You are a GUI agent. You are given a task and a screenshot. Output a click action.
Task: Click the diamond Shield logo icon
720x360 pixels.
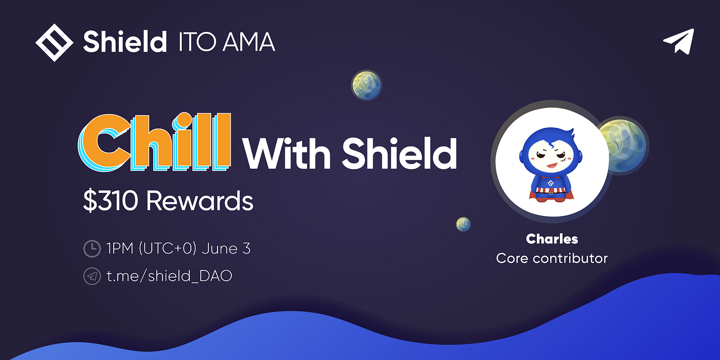(55, 42)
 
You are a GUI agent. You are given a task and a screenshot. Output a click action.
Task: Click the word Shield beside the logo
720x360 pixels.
(125, 42)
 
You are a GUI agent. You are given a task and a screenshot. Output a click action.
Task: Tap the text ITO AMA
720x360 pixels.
(227, 42)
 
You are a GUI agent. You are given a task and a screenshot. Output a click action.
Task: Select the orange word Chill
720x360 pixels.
(155, 142)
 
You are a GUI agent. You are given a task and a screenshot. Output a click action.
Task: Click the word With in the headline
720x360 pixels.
(286, 153)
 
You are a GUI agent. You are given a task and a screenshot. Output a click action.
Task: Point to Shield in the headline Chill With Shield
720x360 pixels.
(399, 153)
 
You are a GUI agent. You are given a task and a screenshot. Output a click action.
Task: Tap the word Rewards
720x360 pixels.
(200, 201)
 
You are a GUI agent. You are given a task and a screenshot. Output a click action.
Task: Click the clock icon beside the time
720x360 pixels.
(92, 249)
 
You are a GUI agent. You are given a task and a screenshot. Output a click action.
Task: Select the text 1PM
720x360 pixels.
(119, 248)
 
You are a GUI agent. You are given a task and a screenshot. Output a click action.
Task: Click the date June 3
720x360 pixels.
(226, 248)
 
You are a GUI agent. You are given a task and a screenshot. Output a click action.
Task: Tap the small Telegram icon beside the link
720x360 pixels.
(92, 276)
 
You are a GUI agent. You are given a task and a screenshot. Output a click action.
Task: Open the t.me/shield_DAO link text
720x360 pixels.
(169, 276)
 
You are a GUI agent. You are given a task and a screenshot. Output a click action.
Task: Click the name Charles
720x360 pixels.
(552, 239)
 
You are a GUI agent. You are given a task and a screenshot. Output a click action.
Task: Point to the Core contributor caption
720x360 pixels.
(552, 258)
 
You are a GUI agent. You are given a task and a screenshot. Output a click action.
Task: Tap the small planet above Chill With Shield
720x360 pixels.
(366, 85)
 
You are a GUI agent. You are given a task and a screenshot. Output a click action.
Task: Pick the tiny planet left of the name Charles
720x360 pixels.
(463, 224)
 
